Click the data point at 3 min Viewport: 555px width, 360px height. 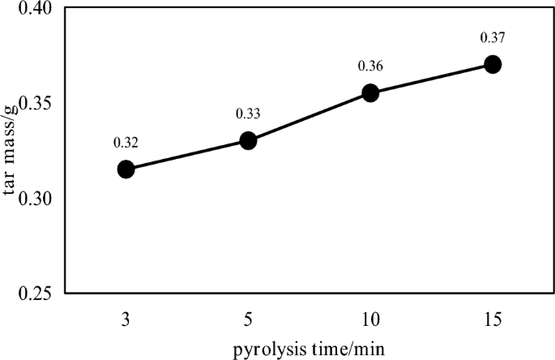126,169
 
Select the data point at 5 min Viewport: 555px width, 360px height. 248,141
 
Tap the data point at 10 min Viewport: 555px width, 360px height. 370,93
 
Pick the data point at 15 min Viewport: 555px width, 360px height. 493,64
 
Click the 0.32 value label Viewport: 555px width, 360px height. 126,143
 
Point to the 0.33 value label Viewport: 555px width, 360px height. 248,114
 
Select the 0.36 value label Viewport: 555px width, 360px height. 370,66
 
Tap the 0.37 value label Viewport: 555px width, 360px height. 493,37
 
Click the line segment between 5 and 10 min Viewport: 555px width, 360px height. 309,118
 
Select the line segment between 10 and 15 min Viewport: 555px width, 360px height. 431,79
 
